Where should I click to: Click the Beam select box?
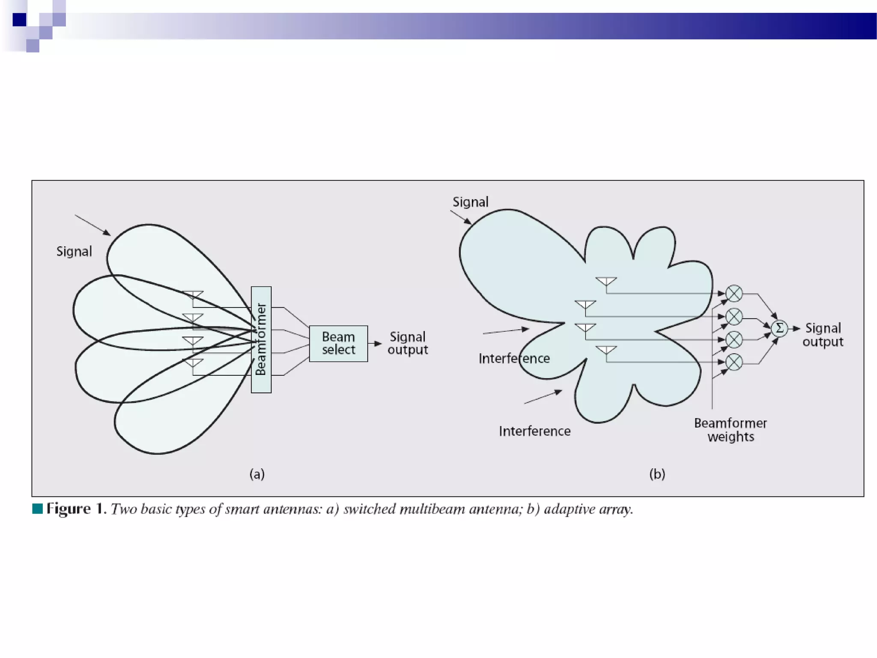click(338, 344)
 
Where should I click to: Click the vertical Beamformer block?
click(261, 339)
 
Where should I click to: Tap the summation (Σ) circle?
click(779, 329)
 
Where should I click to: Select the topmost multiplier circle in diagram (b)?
click(734, 294)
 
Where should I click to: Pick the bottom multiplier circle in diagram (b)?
click(734, 362)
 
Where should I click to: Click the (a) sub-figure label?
click(257, 474)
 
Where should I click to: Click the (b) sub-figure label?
click(657, 474)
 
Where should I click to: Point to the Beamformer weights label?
click(731, 430)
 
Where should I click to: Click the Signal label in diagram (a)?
click(74, 251)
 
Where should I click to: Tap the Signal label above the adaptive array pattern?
click(470, 202)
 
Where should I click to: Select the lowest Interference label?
click(534, 431)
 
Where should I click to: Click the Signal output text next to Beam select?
click(408, 343)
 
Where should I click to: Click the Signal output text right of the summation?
click(823, 335)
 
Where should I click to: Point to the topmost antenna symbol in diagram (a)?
click(193, 295)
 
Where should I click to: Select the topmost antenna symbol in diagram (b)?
click(606, 281)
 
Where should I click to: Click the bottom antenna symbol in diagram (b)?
click(606, 350)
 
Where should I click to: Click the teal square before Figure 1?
click(38, 508)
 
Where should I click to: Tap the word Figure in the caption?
click(69, 509)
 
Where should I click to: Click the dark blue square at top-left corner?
click(19, 20)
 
